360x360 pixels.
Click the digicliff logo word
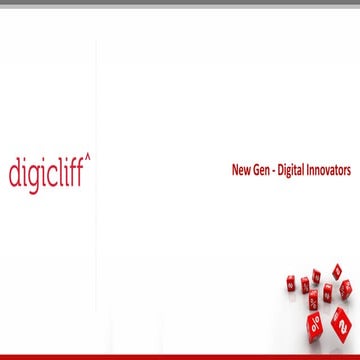pos(47,173)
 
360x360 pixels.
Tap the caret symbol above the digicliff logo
pos(87,156)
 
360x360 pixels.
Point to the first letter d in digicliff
pos(14,174)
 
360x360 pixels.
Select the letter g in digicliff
pos(32,177)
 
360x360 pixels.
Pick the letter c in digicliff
pos(51,175)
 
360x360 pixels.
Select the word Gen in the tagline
pos(264,170)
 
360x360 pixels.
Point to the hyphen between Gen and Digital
pos(278,171)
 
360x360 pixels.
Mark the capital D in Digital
pos(284,170)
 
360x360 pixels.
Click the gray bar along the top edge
pos(180,3)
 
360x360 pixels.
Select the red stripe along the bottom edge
pos(180,356)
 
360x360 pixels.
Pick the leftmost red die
pos(291,283)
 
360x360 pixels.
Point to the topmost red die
pos(337,269)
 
